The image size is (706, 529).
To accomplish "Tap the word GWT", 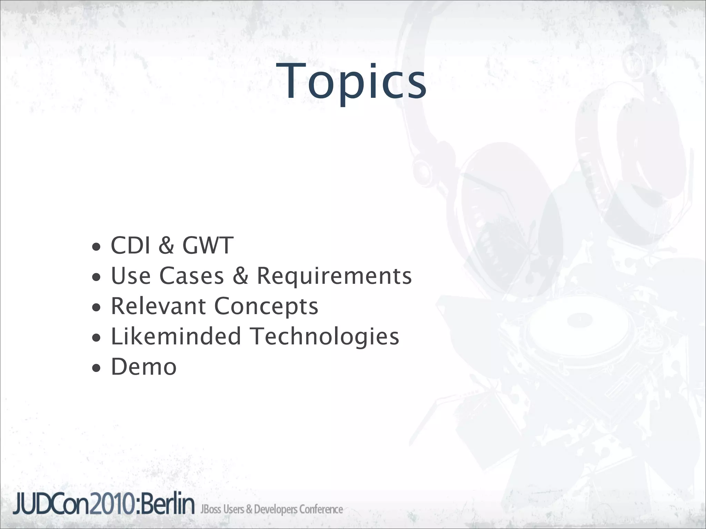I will point(208,246).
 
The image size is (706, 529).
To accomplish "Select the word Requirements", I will point(334,277).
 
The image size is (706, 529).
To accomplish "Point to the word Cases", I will point(192,276).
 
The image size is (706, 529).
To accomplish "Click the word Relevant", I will point(158,306).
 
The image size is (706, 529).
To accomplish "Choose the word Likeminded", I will point(176,336).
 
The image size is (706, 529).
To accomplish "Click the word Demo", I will point(144,367).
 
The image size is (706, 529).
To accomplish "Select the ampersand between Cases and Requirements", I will point(241,276).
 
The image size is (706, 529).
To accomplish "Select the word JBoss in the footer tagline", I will point(211,509).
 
